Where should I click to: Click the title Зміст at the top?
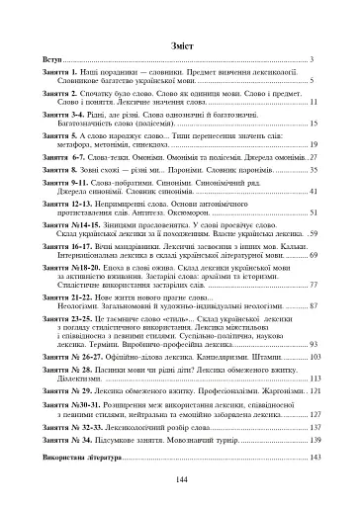coord(180,44)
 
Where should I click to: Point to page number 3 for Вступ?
coord(312,60)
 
